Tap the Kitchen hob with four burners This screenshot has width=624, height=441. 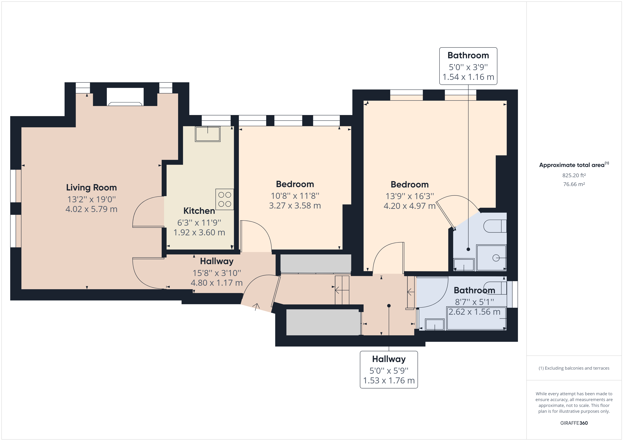tap(224, 199)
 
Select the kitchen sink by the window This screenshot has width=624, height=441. tap(208, 134)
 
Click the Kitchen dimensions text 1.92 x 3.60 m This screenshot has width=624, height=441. tap(199, 233)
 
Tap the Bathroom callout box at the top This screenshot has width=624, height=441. tap(468, 66)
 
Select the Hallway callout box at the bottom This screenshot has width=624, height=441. tap(389, 370)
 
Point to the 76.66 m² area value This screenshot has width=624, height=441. tap(574, 184)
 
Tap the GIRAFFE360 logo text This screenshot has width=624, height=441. tap(574, 423)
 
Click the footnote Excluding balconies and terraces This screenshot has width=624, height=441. tap(574, 368)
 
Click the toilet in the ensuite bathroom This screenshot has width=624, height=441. tap(495, 226)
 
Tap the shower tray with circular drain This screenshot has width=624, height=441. tap(491, 258)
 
